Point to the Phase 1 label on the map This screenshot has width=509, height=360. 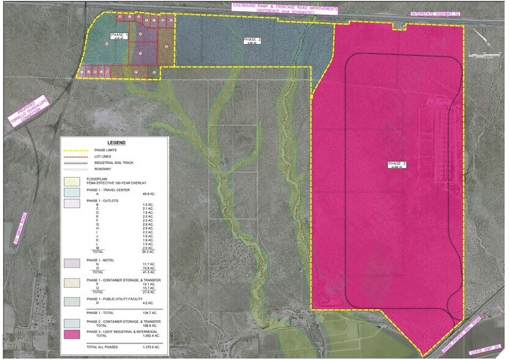pos(119,37)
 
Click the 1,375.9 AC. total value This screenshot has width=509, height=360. pos(132,347)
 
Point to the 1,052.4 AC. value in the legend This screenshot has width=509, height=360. pos(132,336)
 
